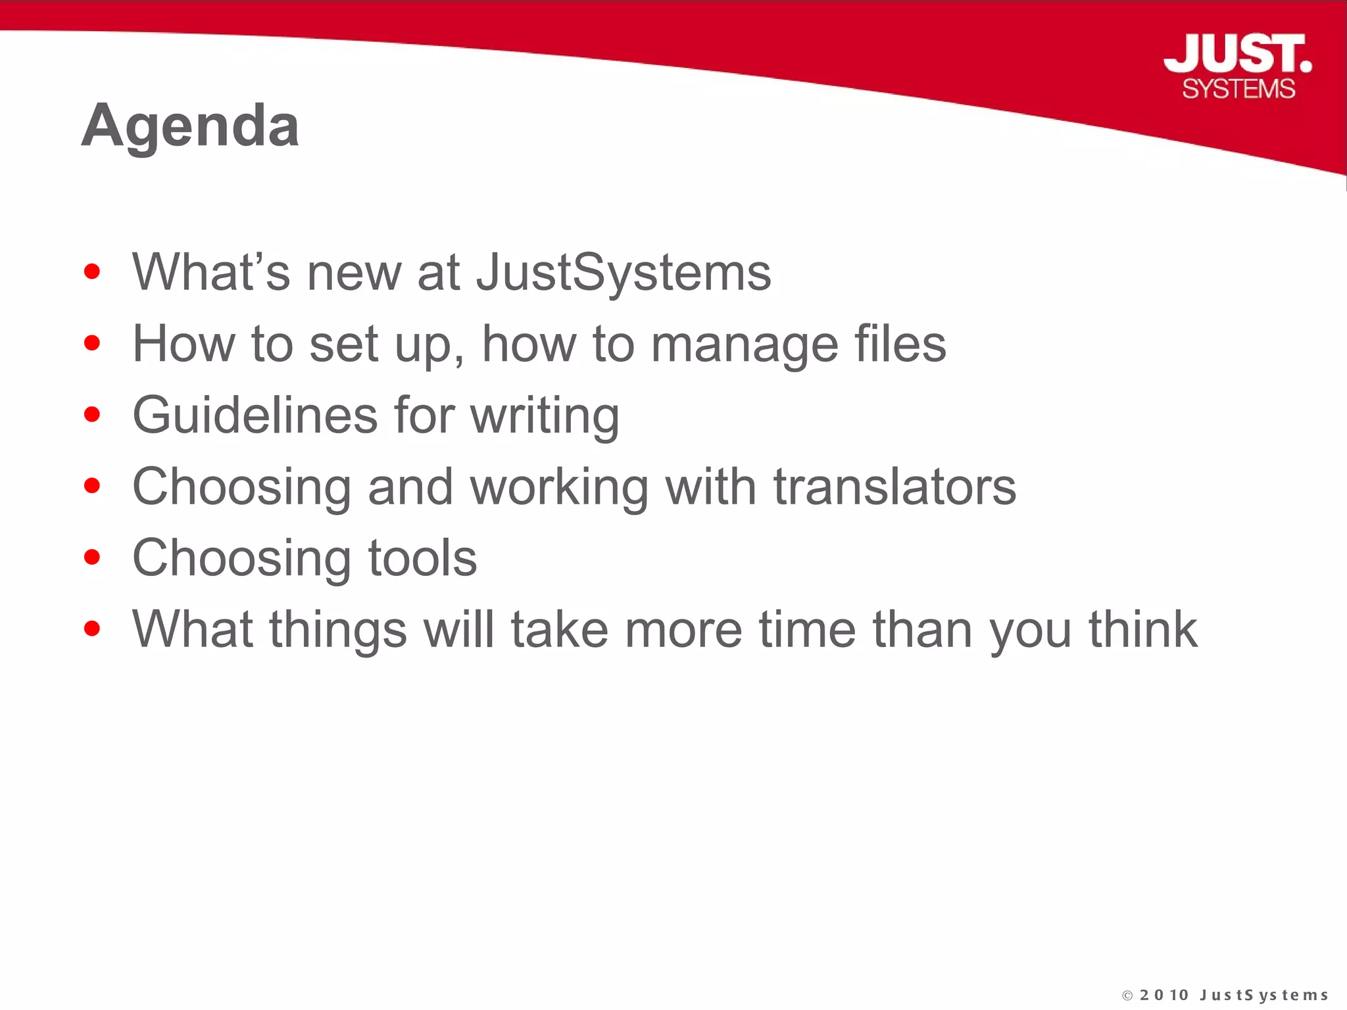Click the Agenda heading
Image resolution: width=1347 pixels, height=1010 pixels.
pos(191,126)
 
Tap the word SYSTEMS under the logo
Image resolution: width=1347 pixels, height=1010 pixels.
pos(1238,89)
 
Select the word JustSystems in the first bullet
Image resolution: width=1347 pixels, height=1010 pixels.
pos(624,272)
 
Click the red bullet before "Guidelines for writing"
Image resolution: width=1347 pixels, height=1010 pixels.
pos(92,414)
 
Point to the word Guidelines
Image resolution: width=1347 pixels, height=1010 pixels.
pos(255,415)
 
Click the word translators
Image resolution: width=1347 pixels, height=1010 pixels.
pos(894,487)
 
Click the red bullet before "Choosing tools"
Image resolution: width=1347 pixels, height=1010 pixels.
pos(92,558)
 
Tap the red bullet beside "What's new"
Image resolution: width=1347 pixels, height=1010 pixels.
pos(92,272)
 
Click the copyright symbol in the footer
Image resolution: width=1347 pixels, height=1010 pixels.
pos(1127,996)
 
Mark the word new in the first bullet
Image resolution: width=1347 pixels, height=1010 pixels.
pos(354,273)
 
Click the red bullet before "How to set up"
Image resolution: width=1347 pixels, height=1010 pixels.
pos(92,343)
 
